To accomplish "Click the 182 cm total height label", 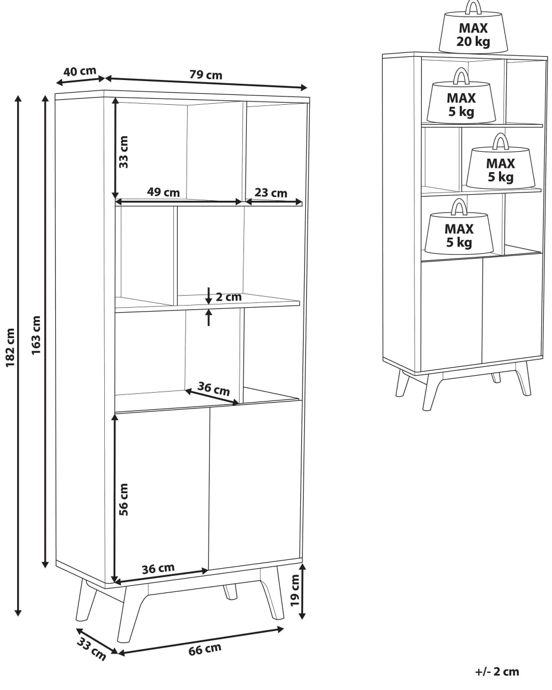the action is [10, 347].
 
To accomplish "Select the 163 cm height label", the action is [36, 335].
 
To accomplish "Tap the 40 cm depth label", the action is [79, 71].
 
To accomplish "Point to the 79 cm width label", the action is [206, 74].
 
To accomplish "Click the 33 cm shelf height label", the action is [123, 152].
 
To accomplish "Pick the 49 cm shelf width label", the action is [163, 192].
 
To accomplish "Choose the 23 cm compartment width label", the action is [271, 192].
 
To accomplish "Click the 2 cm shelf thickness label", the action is [229, 297].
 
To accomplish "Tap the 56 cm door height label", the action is [123, 500].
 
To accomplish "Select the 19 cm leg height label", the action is [295, 591].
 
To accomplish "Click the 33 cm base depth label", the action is [92, 649].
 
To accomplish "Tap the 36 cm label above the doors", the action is [214, 389].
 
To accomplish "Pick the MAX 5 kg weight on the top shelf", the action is [461, 96].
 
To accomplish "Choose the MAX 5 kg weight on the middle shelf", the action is [500, 161].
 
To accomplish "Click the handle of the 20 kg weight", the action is [474, 7].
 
